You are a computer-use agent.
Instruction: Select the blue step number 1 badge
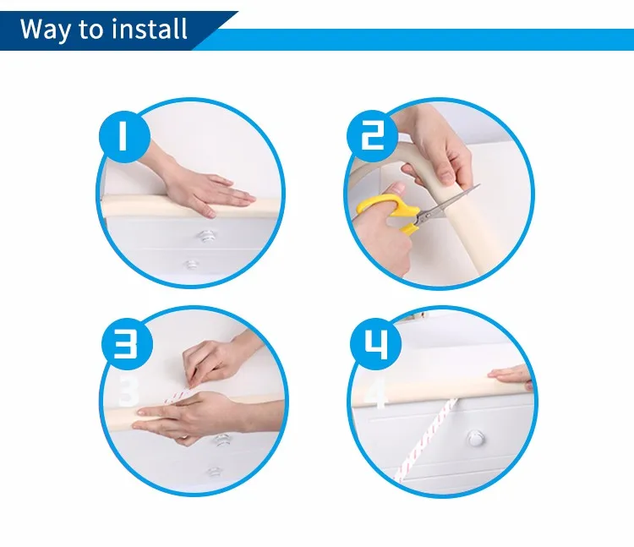[x=124, y=136]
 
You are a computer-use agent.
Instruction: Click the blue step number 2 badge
[x=373, y=135]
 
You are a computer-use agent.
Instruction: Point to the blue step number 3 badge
[x=127, y=344]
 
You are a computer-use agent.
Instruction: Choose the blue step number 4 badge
[x=376, y=344]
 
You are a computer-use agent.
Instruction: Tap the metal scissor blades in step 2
[x=449, y=205]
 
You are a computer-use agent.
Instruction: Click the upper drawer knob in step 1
[x=205, y=236]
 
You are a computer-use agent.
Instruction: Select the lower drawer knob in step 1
[x=191, y=265]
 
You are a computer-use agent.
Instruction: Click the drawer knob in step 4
[x=474, y=438]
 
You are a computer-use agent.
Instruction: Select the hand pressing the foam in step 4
[x=511, y=377]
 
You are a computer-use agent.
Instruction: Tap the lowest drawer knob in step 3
[x=214, y=472]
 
